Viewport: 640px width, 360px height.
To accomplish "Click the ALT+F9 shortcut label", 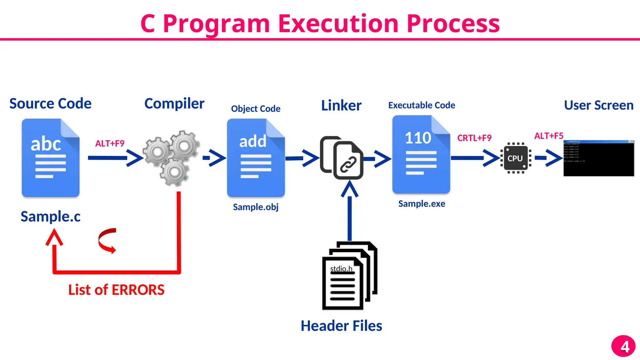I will point(110,143).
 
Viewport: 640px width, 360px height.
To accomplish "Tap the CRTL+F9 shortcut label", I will point(474,138).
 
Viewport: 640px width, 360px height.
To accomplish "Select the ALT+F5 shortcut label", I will point(548,136).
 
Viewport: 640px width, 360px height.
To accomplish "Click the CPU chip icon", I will point(516,158).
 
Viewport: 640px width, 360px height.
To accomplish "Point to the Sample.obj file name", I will point(256,207).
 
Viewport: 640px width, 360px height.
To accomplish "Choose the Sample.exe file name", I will point(422,204).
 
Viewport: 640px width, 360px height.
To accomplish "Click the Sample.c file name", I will point(51,216).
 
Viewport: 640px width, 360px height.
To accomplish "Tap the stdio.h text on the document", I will point(341,269).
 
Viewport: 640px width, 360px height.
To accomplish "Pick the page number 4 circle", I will point(623,346).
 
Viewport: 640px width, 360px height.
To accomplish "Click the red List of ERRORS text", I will point(116,290).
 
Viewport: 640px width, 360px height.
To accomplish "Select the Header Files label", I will point(341,326).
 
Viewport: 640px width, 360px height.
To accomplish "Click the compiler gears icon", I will point(172,158).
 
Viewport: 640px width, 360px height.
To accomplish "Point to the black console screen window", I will point(599,158).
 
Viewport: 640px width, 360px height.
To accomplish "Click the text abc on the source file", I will point(46,144).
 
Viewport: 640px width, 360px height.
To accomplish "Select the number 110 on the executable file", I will point(418,138).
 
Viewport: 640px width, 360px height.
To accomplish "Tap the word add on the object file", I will point(253,141).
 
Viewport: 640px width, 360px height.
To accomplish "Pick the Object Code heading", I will point(256,109).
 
